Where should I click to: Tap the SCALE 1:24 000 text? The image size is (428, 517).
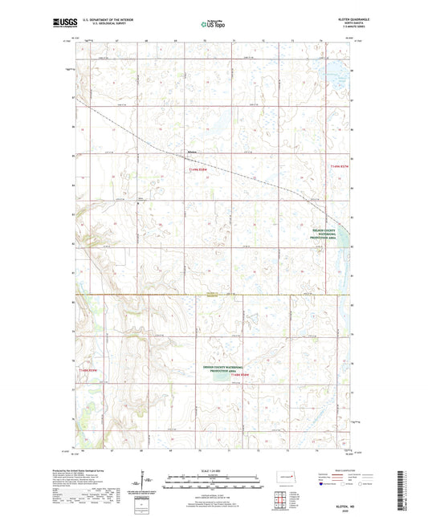coord(214,470)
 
